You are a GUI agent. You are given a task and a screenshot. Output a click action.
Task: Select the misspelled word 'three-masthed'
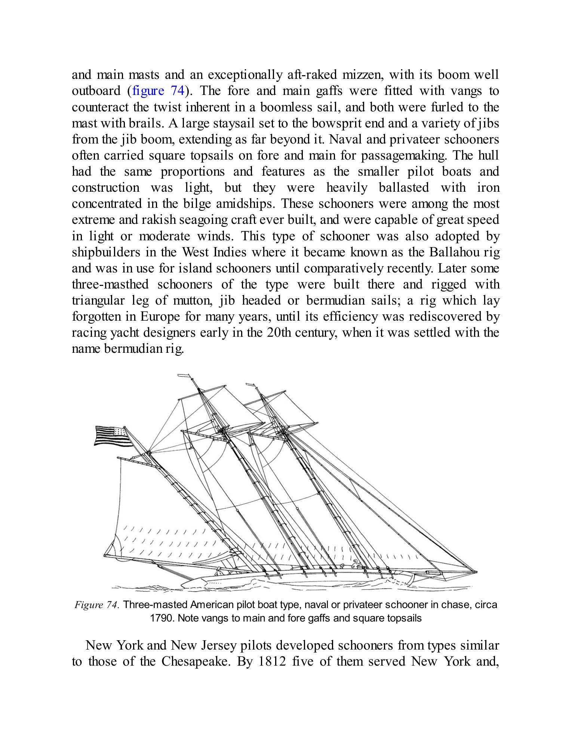[110, 284]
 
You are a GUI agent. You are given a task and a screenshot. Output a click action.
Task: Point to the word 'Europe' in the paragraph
[160, 317]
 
